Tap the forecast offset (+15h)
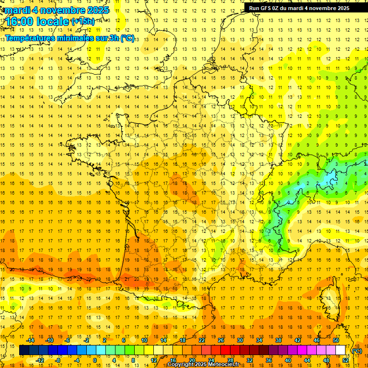(83, 21)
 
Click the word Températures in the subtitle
(30, 38)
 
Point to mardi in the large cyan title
(17, 10)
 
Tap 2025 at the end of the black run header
(342, 8)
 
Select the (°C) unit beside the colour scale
(357, 351)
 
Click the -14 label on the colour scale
(30, 340)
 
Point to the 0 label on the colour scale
(94, 360)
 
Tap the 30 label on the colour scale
(240, 340)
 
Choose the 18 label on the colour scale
(182, 340)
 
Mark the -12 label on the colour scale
(40, 360)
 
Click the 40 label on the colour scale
(288, 360)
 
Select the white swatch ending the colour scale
(341, 350)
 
